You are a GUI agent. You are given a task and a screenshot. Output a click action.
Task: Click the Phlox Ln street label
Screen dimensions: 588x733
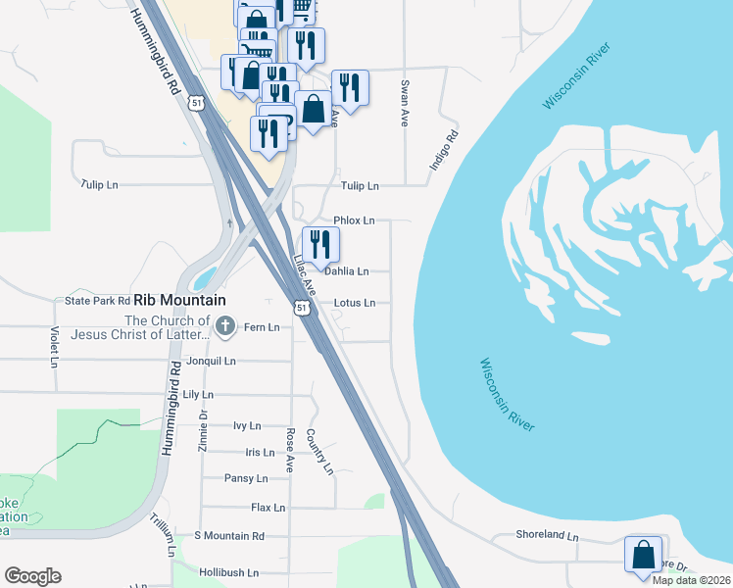[354, 220]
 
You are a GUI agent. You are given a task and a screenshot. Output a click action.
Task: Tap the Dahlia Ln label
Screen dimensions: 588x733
[347, 271]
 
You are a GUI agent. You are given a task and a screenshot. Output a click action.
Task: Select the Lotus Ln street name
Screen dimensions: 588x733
[354, 303]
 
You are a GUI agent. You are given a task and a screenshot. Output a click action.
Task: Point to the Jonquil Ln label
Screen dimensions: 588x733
[212, 361]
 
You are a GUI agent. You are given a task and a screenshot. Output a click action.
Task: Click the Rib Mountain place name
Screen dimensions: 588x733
[179, 301]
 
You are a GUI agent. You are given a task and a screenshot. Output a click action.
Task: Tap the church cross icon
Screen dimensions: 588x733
[225, 325]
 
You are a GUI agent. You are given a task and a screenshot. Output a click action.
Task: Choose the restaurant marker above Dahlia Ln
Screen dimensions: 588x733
[320, 245]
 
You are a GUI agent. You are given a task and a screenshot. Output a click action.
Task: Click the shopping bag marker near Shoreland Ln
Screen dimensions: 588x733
[643, 554]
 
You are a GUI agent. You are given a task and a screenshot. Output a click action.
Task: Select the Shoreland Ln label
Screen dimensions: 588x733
[548, 536]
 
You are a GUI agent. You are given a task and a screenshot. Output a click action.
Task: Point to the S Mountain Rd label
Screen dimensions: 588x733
[229, 536]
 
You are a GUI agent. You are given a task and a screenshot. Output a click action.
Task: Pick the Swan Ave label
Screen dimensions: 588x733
[404, 104]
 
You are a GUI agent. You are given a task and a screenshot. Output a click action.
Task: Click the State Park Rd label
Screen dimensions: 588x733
[98, 301]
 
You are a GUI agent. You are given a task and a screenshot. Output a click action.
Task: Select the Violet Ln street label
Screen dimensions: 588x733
[53, 346]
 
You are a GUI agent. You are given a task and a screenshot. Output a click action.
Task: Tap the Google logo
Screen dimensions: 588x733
[32, 575]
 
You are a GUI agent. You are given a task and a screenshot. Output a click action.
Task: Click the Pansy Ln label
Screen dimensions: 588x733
[246, 478]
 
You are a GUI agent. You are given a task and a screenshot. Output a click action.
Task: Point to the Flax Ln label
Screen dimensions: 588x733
[268, 508]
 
